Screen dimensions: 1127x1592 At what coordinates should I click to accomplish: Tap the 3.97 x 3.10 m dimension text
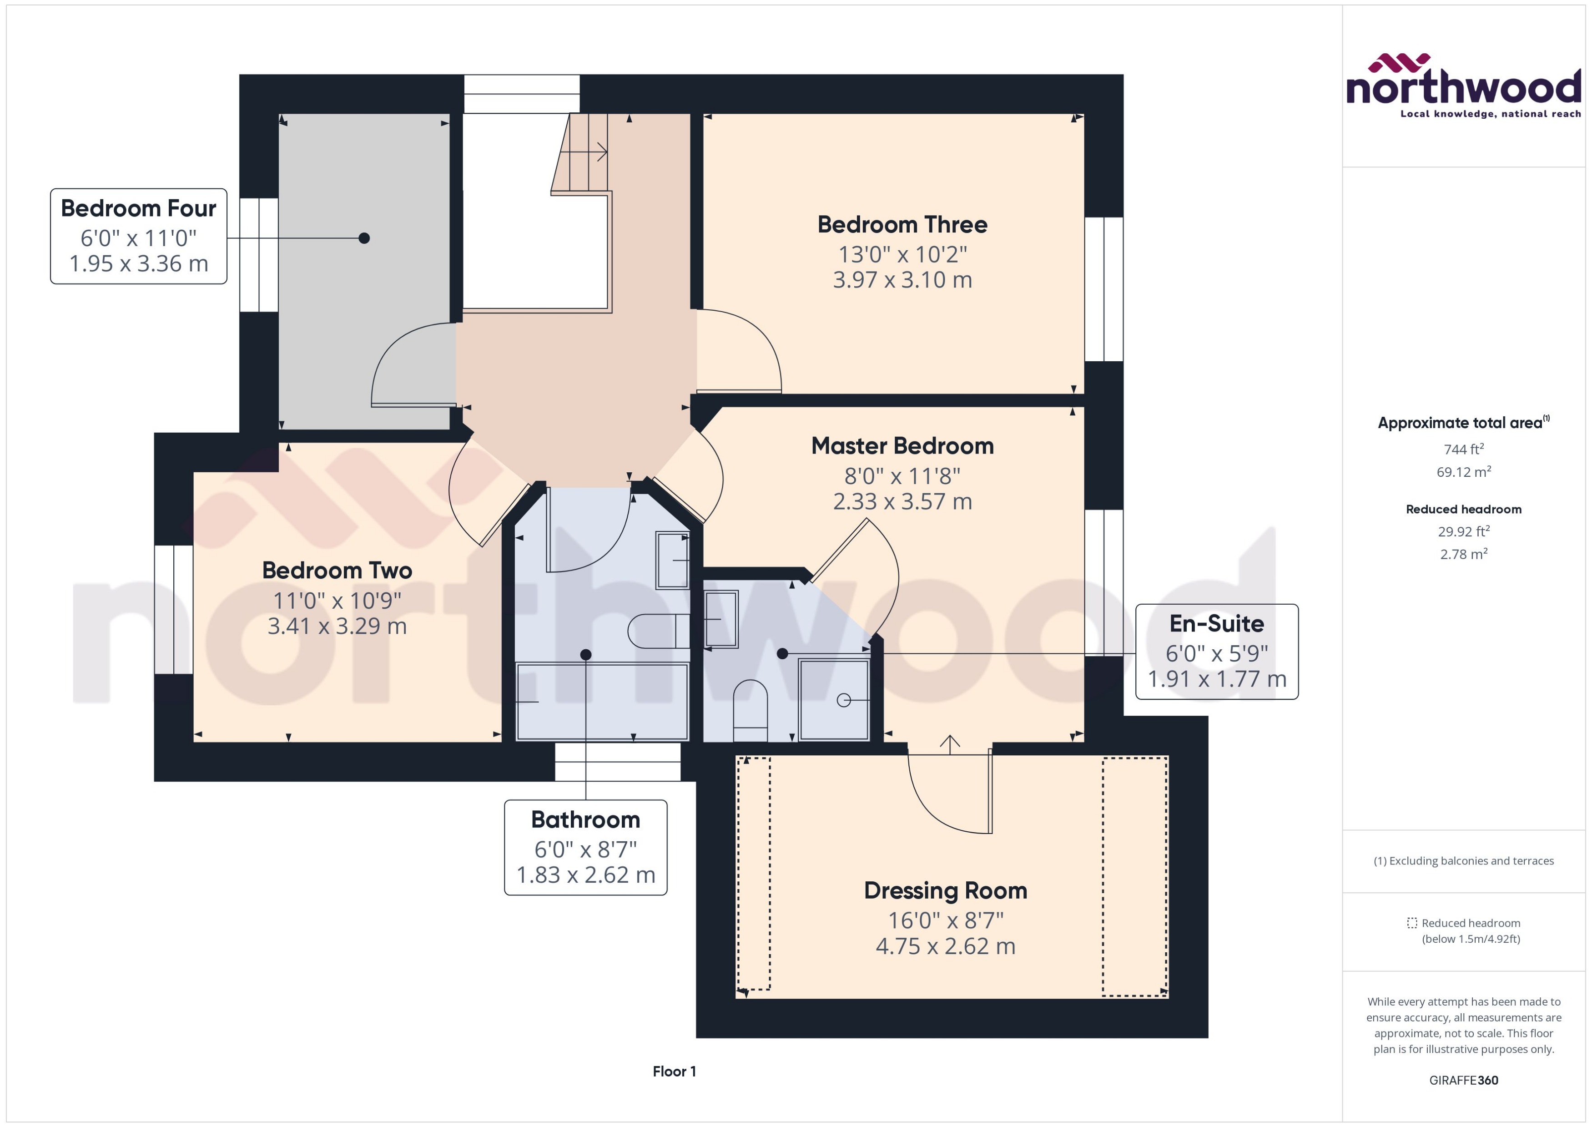pyautogui.click(x=902, y=280)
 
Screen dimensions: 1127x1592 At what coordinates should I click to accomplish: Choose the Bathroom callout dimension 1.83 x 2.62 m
pyautogui.click(x=585, y=875)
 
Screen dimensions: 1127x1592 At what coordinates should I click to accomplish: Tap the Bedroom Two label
pyautogui.click(x=337, y=571)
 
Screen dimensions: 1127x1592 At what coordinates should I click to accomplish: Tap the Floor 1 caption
pyautogui.click(x=674, y=1071)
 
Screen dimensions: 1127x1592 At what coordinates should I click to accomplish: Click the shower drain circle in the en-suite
pyautogui.click(x=843, y=700)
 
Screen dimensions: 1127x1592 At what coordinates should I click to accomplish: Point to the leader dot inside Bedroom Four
pyautogui.click(x=364, y=238)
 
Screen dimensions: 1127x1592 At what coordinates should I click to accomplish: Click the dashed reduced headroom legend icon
pyautogui.click(x=1411, y=923)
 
